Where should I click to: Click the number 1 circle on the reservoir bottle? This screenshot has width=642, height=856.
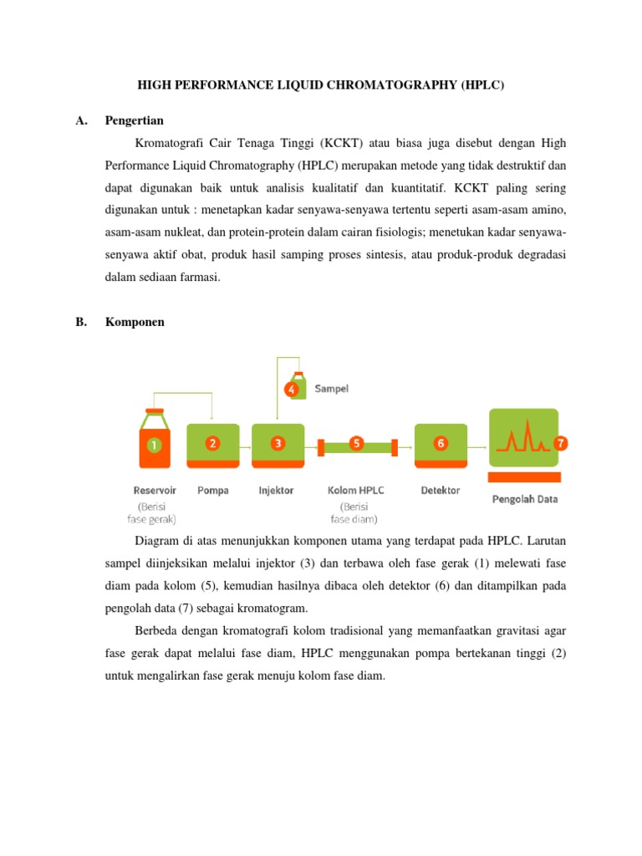pos(154,446)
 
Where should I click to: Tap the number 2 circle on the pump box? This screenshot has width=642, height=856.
pos(212,443)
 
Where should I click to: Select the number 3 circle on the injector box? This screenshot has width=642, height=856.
pos(278,443)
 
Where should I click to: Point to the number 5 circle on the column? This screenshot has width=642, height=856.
pos(356,443)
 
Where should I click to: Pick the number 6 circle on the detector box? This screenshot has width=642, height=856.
pos(440,443)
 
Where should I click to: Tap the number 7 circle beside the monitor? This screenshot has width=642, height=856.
pos(559,442)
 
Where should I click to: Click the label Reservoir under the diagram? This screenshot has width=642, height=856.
pos(155,491)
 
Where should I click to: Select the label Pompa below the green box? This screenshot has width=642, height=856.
pos(213,491)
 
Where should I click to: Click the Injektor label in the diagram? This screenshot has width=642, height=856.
pos(276,491)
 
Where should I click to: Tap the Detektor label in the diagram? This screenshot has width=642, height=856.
pos(440,491)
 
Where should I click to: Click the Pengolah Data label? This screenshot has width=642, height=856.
pos(523,500)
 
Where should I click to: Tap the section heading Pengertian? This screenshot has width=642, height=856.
pos(135,120)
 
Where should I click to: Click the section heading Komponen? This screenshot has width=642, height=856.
pos(135,322)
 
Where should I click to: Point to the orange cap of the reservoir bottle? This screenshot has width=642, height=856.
pos(155,410)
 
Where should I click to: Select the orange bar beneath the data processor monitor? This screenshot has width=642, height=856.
pos(523,477)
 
